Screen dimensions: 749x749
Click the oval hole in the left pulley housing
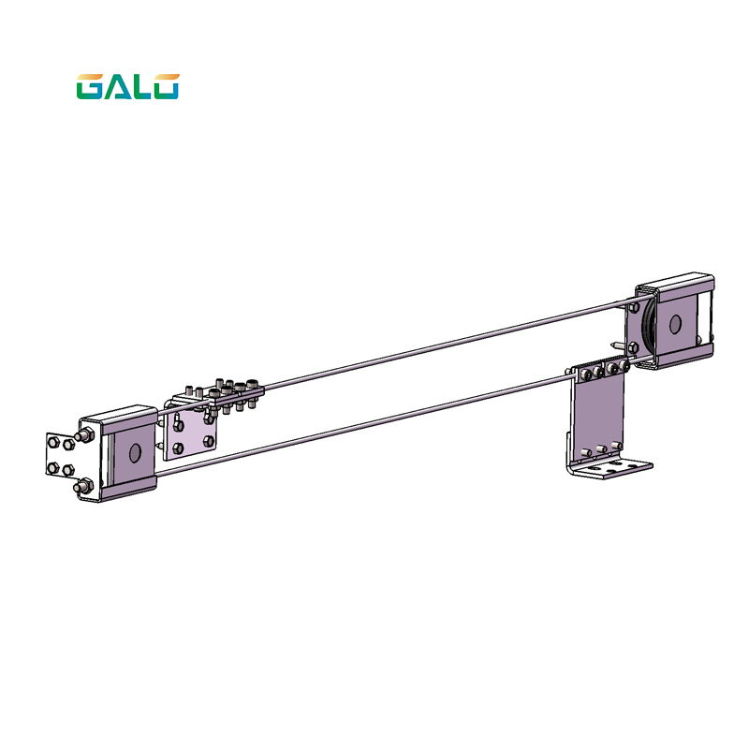coord(134,453)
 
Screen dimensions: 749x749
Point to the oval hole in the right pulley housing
coord(673,324)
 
